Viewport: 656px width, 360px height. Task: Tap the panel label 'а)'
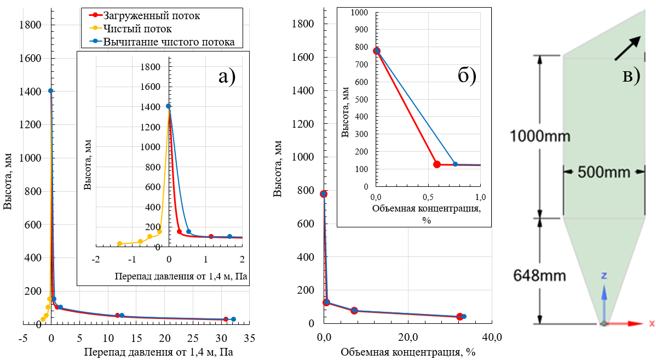point(227,77)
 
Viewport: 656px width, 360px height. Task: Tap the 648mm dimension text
point(540,275)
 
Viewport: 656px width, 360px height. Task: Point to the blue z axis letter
point(603,276)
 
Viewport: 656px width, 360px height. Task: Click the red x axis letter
point(652,323)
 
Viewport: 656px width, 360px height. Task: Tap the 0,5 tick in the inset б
point(428,196)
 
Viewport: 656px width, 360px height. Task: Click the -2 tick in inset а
point(96,259)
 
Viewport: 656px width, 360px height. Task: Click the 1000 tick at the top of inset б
point(361,13)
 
